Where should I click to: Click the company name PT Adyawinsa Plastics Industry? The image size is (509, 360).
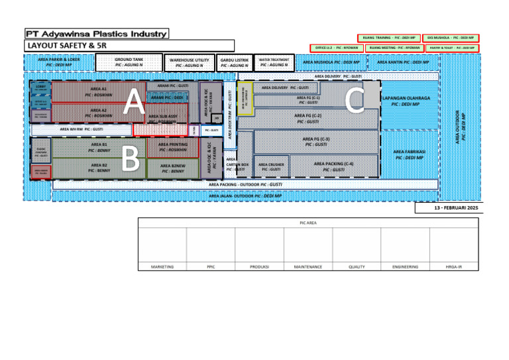pyautogui.click(x=97, y=33)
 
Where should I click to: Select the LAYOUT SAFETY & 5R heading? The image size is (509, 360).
pyautogui.click(x=66, y=46)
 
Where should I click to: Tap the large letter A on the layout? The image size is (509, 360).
pyautogui.click(x=134, y=102)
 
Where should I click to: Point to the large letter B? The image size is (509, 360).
pyautogui.click(x=131, y=158)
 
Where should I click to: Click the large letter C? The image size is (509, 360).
pyautogui.click(x=355, y=99)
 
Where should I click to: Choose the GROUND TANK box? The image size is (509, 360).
pyautogui.click(x=129, y=62)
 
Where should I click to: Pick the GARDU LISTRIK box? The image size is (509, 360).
pyautogui.click(x=234, y=63)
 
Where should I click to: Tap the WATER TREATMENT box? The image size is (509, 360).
pyautogui.click(x=274, y=62)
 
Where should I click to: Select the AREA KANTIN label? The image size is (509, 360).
pyautogui.click(x=403, y=62)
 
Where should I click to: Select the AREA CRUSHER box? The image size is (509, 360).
pyautogui.click(x=271, y=166)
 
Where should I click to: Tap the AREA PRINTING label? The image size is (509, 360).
pyautogui.click(x=172, y=147)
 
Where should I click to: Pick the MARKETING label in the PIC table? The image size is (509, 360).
pyautogui.click(x=162, y=267)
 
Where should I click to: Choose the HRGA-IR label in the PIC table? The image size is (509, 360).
pyautogui.click(x=453, y=267)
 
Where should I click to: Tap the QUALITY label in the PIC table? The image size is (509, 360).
pyautogui.click(x=357, y=267)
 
